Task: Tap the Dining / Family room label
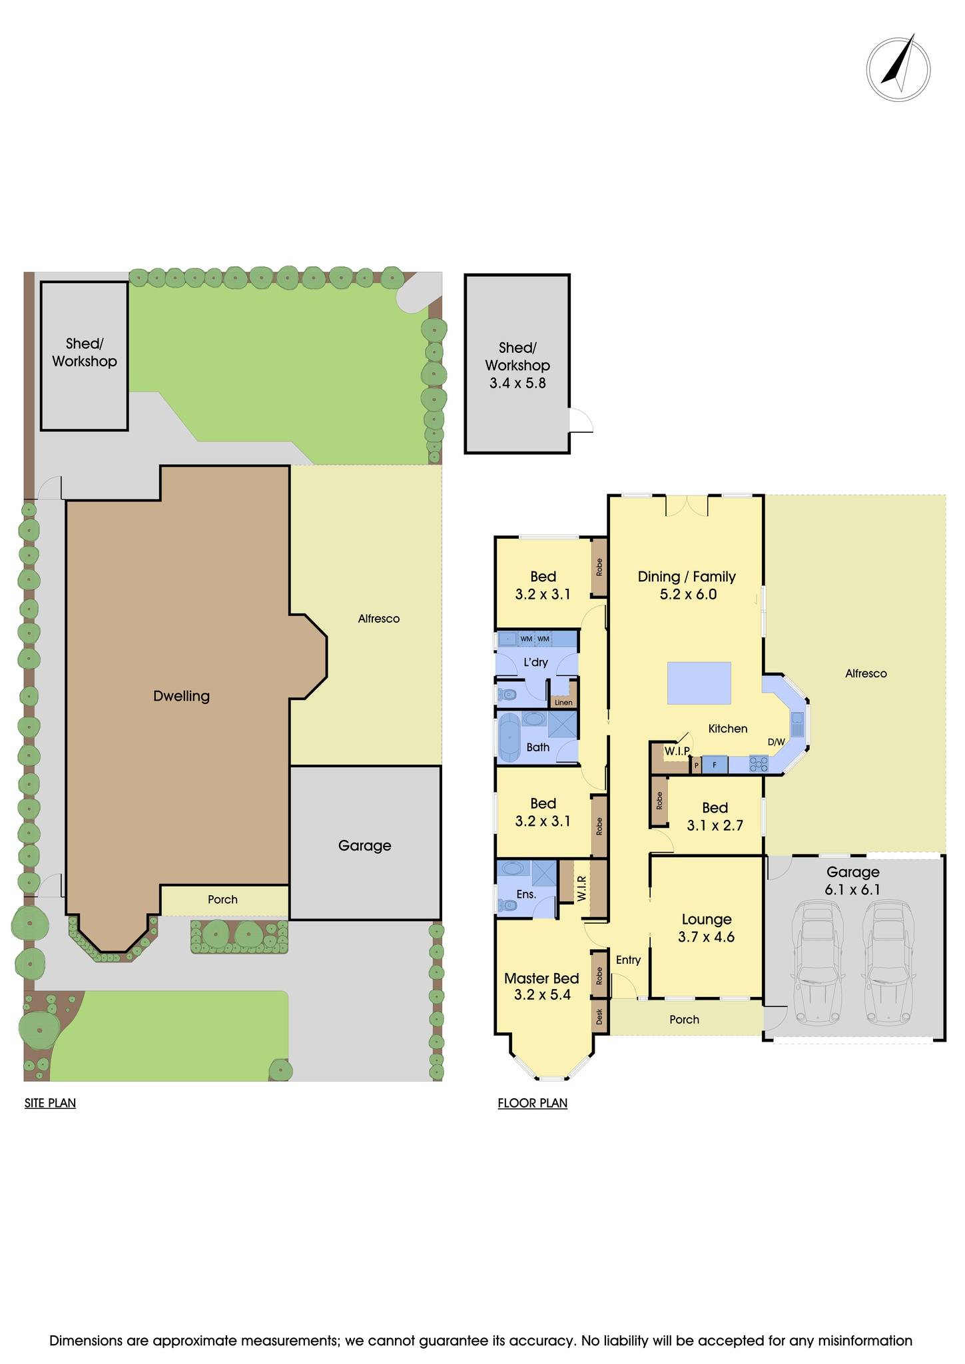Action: pos(687,585)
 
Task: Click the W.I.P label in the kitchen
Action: pos(677,751)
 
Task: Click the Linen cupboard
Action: pos(563,702)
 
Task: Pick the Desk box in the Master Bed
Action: pos(599,1016)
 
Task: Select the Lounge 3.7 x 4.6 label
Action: pos(706,928)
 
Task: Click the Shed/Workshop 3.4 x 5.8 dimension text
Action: pos(517,383)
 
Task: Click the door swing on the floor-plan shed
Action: pos(581,421)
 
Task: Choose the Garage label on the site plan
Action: pos(364,845)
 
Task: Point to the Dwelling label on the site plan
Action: pos(181,695)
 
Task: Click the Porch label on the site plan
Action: pos(222,899)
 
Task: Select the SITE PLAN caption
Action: pos(50,1103)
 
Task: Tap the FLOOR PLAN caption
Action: pos(532,1103)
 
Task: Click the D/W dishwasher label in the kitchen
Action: pos(776,741)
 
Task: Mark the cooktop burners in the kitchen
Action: pos(758,764)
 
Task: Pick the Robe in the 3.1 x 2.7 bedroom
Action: pos(659,799)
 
